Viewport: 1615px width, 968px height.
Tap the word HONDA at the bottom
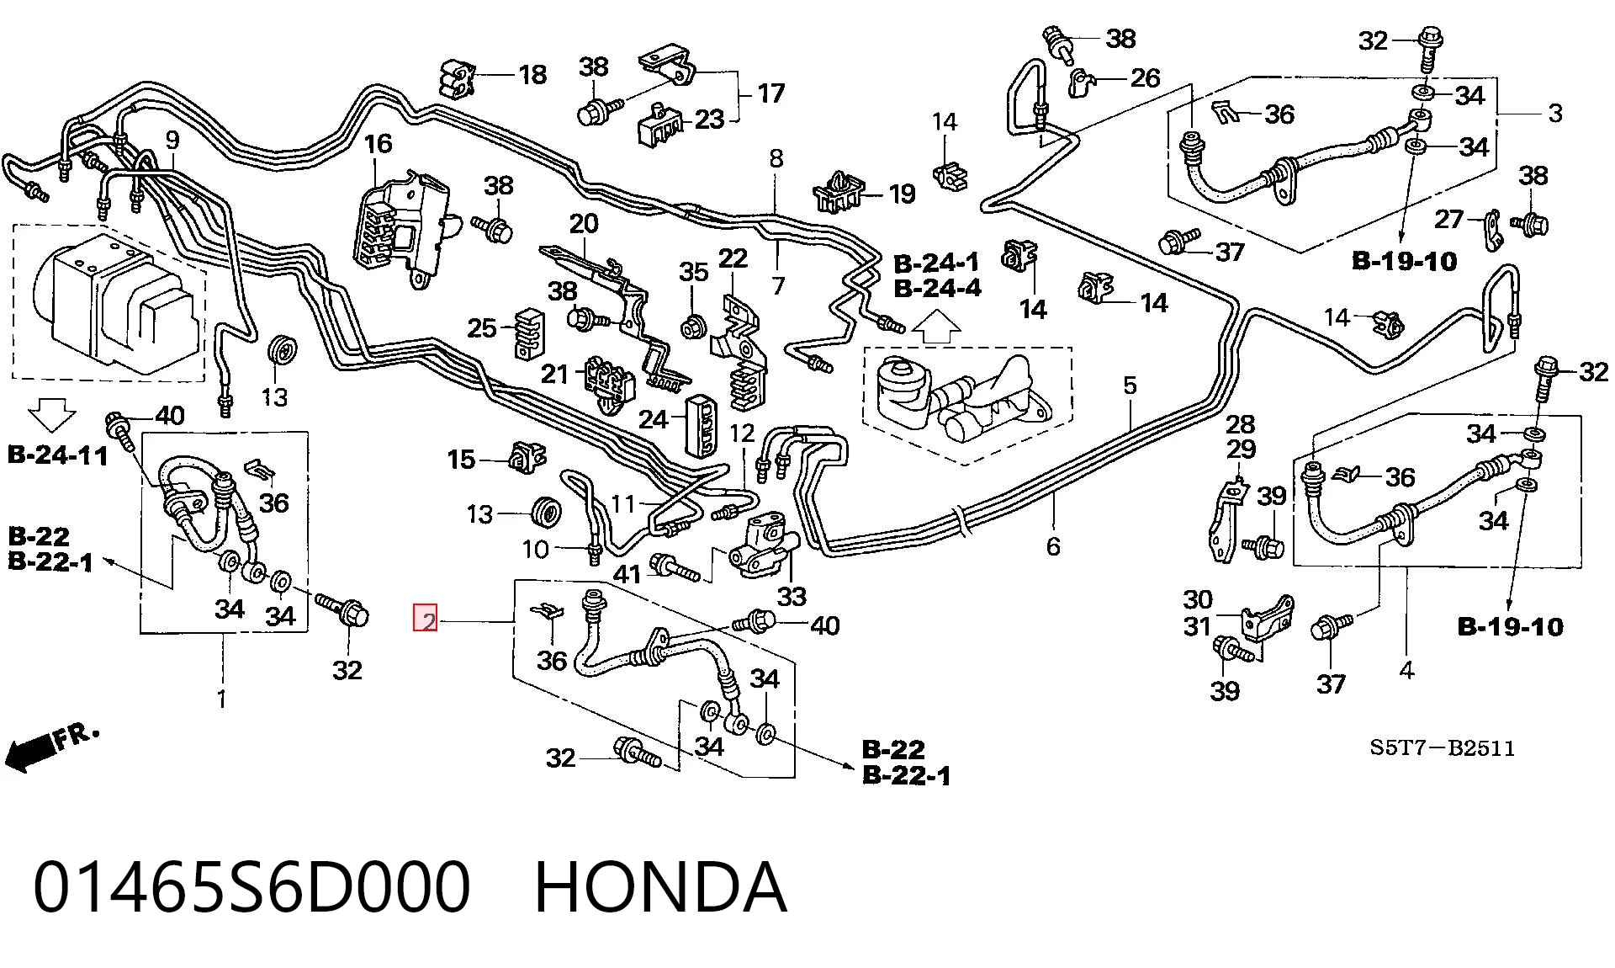[x=660, y=887]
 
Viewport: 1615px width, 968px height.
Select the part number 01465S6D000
[x=252, y=887]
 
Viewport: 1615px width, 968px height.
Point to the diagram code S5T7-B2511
[x=1442, y=747]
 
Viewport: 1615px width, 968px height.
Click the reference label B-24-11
[x=58, y=456]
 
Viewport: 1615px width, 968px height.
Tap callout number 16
[x=378, y=144]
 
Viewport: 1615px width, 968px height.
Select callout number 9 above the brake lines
[x=172, y=140]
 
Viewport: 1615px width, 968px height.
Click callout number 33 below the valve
[x=792, y=597]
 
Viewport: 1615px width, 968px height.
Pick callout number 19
[x=902, y=194]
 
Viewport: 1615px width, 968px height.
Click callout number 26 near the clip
[x=1145, y=78]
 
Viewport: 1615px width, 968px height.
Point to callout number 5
[x=1130, y=386]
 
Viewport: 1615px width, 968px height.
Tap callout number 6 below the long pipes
[x=1053, y=546]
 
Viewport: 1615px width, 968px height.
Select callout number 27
[x=1448, y=220]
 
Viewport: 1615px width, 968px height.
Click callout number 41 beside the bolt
[x=627, y=575]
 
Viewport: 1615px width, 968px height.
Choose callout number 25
[x=482, y=327]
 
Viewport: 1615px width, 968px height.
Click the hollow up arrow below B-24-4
[x=936, y=327]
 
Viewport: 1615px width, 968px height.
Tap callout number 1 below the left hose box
[x=221, y=699]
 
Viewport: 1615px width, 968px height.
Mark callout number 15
[x=461, y=460]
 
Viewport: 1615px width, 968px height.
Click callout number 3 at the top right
[x=1554, y=113]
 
